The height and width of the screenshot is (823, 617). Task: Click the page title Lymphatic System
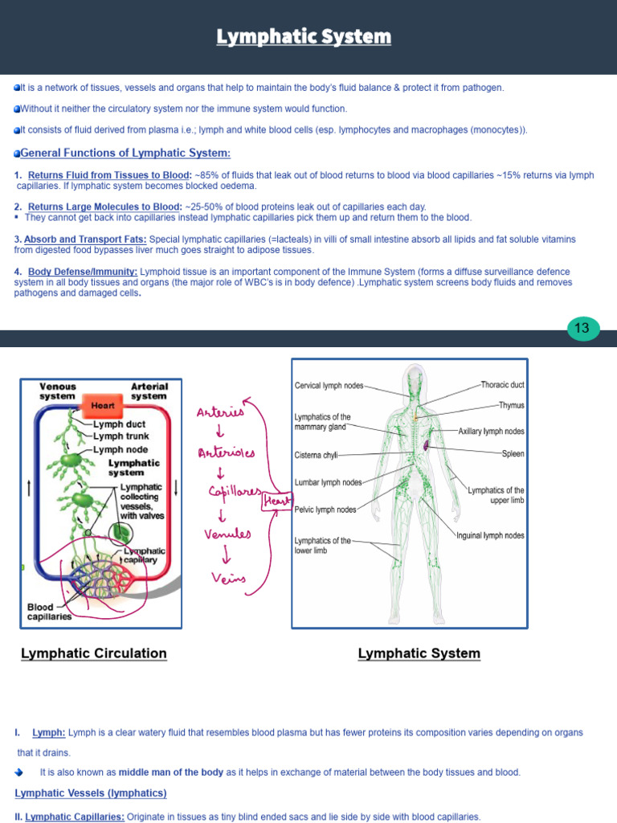point(304,37)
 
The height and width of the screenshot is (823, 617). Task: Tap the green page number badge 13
point(582,328)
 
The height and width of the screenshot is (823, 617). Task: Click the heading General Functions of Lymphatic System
point(125,154)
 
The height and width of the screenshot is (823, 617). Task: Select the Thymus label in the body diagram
point(511,406)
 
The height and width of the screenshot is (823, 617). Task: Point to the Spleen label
point(513,454)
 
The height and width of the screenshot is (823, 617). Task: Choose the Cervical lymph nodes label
point(329,386)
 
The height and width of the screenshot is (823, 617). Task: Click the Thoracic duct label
point(502,385)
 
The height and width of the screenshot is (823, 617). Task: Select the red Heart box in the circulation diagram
point(102,406)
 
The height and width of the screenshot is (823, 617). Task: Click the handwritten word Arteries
point(219,413)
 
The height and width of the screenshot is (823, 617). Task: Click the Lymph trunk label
point(121,436)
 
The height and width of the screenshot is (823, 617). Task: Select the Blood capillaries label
point(49,612)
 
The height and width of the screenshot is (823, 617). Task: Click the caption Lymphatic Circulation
point(94,653)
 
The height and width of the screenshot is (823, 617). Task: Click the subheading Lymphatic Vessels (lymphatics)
point(91,793)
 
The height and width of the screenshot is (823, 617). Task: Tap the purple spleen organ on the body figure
point(428,444)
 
